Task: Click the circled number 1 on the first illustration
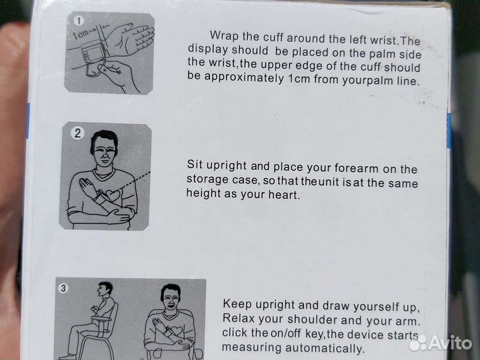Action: coord(79,21)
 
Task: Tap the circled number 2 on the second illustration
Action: coord(77,133)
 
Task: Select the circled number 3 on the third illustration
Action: coord(63,288)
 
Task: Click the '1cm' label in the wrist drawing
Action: coord(81,34)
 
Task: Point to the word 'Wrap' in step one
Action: coord(224,36)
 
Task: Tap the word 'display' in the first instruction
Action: coord(208,49)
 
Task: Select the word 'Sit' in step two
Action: coord(195,164)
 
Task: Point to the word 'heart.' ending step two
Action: coord(284,195)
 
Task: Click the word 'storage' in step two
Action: coord(207,179)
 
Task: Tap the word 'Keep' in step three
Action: coord(237,304)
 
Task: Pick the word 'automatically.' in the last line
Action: coord(325,349)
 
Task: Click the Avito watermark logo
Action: coord(440,343)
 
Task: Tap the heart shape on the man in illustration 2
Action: coord(113,195)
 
